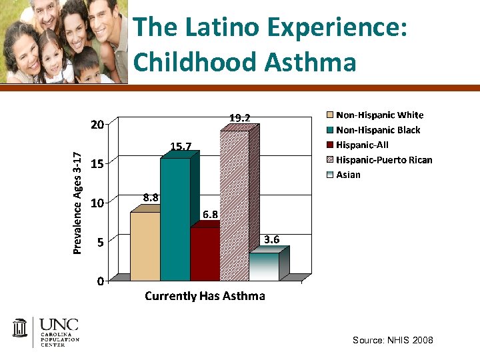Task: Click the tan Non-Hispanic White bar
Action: [x=145, y=246]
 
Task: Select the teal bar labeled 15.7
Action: [x=175, y=219]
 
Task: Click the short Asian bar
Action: [x=264, y=267]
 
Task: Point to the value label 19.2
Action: [x=240, y=118]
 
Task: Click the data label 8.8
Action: [x=151, y=197]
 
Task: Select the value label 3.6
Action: [x=271, y=239]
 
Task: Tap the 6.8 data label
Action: [x=210, y=214]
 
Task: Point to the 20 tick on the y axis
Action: [x=97, y=125]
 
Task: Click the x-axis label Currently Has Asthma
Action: [x=205, y=296]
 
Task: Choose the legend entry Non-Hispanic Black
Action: [x=378, y=130]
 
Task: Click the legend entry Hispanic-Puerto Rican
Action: [x=384, y=160]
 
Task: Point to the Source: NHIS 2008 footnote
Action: [x=393, y=341]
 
